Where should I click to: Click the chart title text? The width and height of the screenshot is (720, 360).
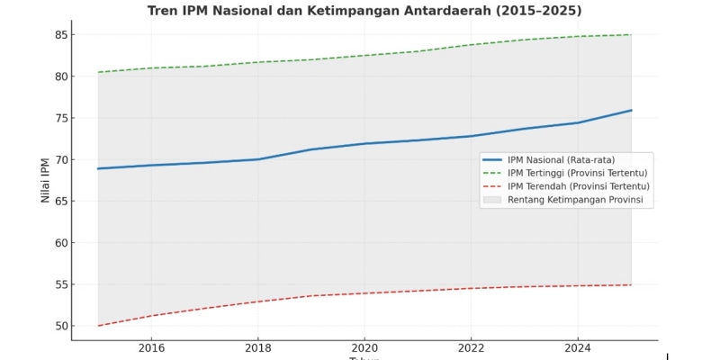[x=364, y=11]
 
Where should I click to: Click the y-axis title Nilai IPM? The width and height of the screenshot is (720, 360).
[x=45, y=180]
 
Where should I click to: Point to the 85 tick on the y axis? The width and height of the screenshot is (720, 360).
[x=61, y=35]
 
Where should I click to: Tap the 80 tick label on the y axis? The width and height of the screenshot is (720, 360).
[x=61, y=76]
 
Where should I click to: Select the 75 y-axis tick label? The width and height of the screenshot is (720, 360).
[x=61, y=118]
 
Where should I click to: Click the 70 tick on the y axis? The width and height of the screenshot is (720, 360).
[x=61, y=160]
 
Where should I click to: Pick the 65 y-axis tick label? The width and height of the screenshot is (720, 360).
[x=61, y=202]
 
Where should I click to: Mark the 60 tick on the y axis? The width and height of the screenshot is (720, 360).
[x=61, y=243]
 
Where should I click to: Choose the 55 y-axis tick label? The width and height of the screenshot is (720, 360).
[x=61, y=284]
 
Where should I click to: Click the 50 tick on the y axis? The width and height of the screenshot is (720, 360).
[x=61, y=326]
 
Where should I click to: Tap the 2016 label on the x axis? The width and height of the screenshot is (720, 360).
[x=151, y=347]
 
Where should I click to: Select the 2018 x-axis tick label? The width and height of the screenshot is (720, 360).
[x=257, y=347]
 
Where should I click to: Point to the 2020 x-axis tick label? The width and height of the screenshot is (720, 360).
[x=364, y=347]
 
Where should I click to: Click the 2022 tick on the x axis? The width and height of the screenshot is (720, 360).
[x=471, y=347]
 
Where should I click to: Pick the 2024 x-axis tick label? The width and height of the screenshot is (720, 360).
[x=578, y=347]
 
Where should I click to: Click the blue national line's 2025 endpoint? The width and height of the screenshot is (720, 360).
[x=631, y=111]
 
